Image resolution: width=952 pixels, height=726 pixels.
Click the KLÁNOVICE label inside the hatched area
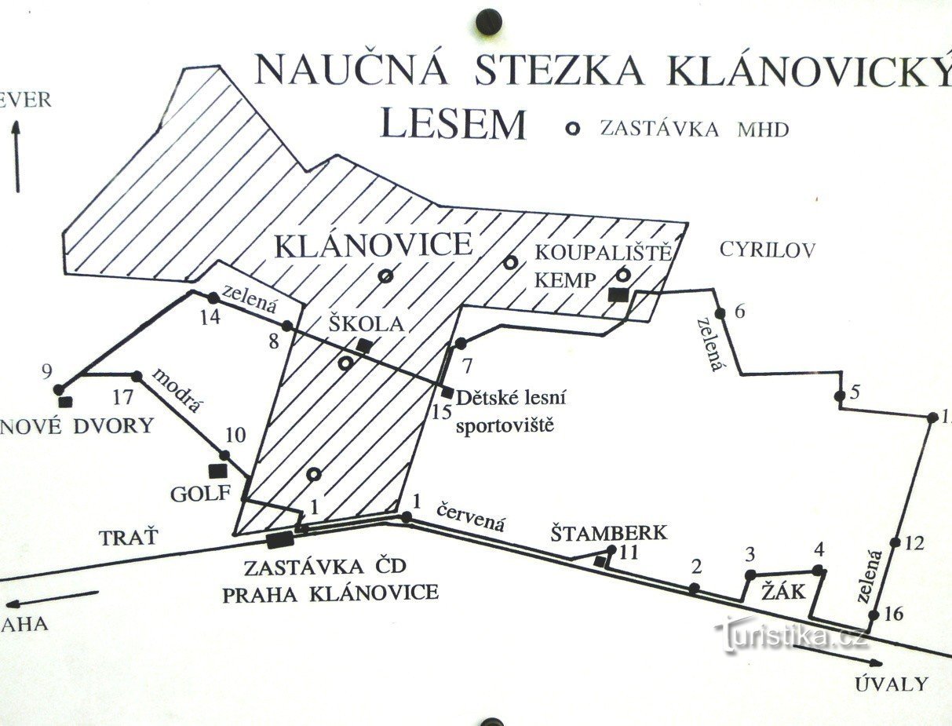point(374,246)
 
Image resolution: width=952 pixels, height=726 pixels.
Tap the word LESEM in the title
point(453,125)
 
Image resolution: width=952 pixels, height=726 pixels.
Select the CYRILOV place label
point(768,250)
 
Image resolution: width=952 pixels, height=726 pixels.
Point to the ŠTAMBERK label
point(608,534)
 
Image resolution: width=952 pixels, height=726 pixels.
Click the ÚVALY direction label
point(891,684)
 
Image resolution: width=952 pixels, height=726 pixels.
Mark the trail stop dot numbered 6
point(720,313)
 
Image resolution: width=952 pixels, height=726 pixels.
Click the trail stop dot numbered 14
point(213,297)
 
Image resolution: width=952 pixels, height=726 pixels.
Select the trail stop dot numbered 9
point(58,389)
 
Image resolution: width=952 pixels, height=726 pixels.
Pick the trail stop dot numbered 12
point(895,542)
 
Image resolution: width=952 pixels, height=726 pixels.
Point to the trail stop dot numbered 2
point(694,588)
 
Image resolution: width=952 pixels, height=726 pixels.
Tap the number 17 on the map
point(122,396)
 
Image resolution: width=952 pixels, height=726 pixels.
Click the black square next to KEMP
point(618,294)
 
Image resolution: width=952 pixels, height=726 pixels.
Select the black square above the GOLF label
point(217,471)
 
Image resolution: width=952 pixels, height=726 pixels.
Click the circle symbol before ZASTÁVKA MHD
point(574,128)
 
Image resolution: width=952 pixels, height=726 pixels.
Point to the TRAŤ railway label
point(129,538)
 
